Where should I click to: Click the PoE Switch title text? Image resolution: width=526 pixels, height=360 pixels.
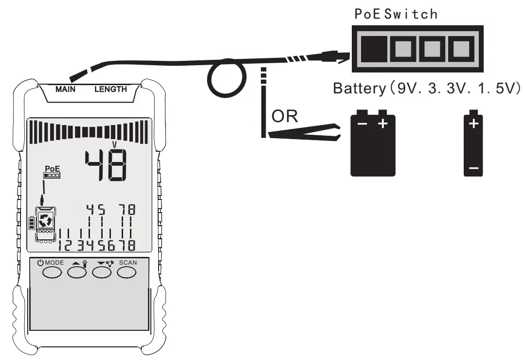396,14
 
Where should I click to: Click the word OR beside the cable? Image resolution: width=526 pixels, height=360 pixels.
285,117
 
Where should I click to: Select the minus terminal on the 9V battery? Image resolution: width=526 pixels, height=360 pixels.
362,124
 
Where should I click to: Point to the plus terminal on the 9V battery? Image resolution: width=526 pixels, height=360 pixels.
383,124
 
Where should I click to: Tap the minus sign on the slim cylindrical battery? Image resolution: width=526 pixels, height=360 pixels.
473,169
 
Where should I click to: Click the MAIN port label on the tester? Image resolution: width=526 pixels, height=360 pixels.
65,90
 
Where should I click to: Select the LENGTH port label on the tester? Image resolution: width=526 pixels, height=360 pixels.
110,90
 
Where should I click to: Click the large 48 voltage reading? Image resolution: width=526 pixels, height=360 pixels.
106,164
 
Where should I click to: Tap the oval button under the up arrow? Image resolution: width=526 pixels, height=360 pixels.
76,272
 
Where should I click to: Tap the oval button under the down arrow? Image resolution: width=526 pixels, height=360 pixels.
102,272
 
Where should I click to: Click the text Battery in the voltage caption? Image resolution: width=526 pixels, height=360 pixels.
359,89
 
